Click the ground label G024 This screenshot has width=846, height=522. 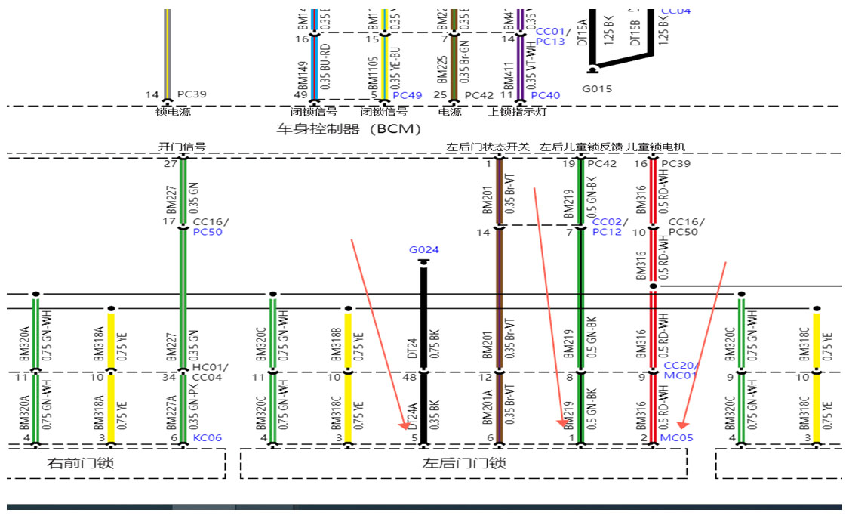(423, 250)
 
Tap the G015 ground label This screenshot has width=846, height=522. (597, 89)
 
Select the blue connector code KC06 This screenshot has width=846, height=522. (207, 437)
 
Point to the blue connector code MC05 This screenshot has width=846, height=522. (676, 437)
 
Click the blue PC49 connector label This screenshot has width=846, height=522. (408, 95)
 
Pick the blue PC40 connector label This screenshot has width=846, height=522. (546, 95)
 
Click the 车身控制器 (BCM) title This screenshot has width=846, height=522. (349, 129)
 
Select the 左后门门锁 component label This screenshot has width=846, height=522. (463, 463)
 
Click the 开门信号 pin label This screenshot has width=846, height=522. (182, 147)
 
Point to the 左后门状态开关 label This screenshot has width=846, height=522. (488, 147)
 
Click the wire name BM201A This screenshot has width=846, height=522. (488, 408)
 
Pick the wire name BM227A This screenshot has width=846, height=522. (171, 408)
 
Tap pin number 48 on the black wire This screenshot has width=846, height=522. (411, 376)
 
